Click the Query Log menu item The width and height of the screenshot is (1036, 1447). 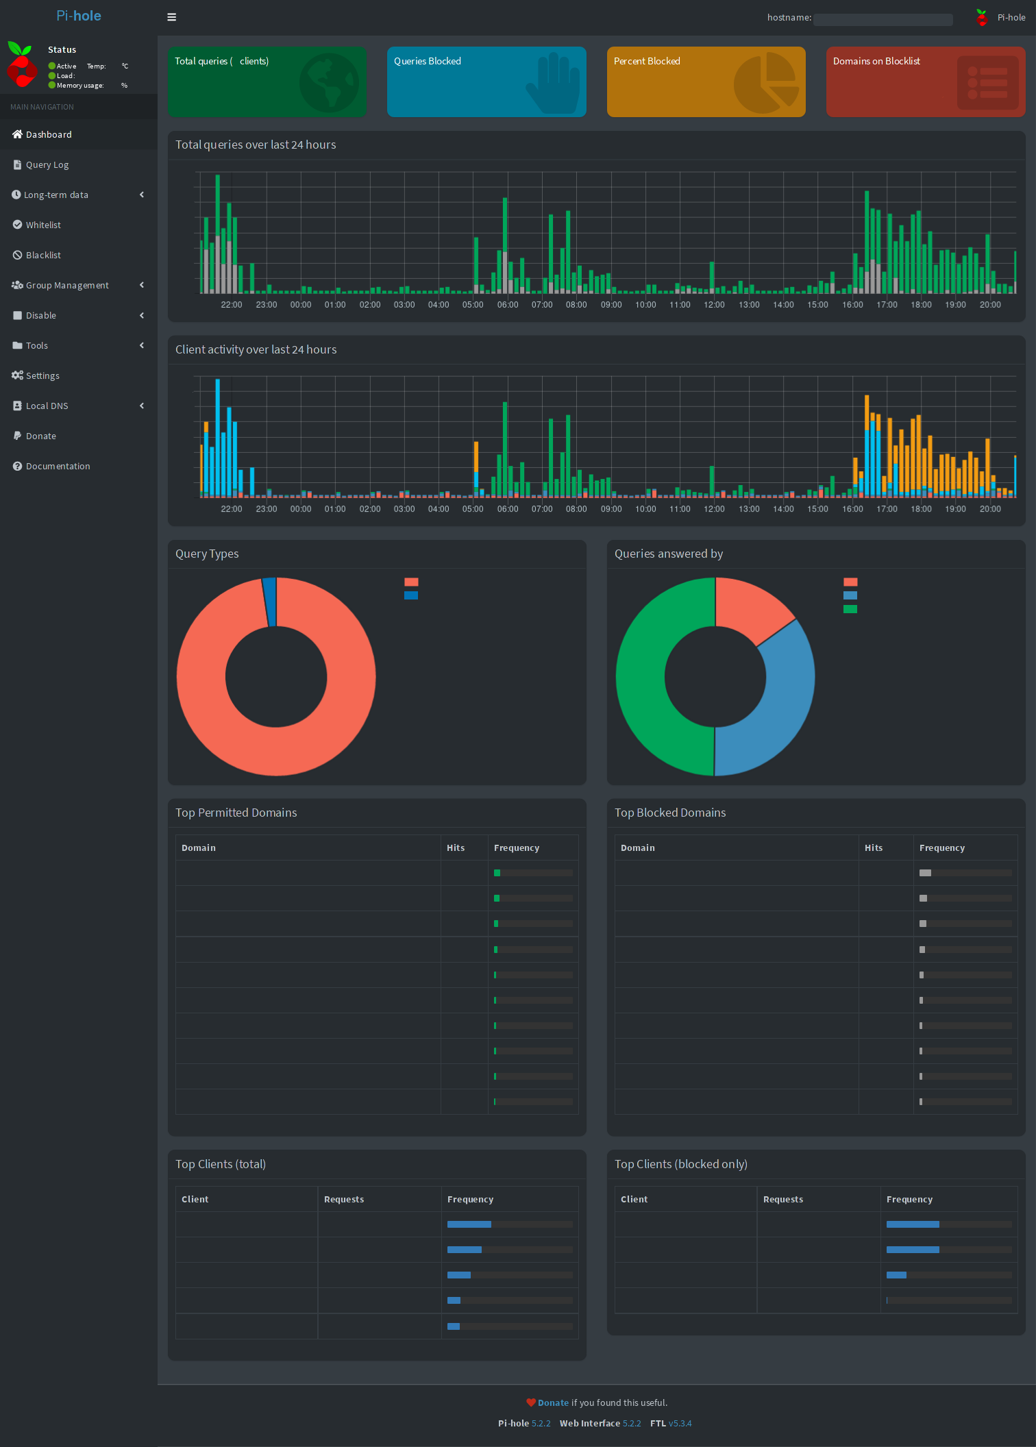click(x=47, y=165)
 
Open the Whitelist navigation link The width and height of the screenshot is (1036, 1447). click(x=42, y=225)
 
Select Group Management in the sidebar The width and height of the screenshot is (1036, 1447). click(x=66, y=286)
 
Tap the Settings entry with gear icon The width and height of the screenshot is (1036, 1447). click(x=42, y=376)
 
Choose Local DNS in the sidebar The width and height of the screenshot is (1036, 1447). click(x=47, y=406)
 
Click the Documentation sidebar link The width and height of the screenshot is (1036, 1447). click(x=58, y=467)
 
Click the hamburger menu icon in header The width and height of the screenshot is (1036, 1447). click(x=172, y=17)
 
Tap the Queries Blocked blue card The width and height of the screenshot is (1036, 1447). click(x=486, y=82)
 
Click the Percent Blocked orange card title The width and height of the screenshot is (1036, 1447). click(x=646, y=62)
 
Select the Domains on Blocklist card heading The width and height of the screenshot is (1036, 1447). click(x=876, y=62)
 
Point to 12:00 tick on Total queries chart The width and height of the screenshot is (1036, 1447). click(x=714, y=305)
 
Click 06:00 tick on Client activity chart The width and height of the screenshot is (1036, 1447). click(x=507, y=509)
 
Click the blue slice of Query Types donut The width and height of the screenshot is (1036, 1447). click(x=270, y=601)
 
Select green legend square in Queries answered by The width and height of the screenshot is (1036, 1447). click(x=850, y=609)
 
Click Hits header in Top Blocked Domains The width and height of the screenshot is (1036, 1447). click(x=873, y=848)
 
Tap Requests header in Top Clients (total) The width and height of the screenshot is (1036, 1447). click(x=343, y=1200)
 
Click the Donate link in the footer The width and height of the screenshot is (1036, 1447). click(x=552, y=1403)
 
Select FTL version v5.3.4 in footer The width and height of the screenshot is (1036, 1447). click(x=680, y=1424)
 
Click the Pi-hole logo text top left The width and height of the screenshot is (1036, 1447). click(x=78, y=16)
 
